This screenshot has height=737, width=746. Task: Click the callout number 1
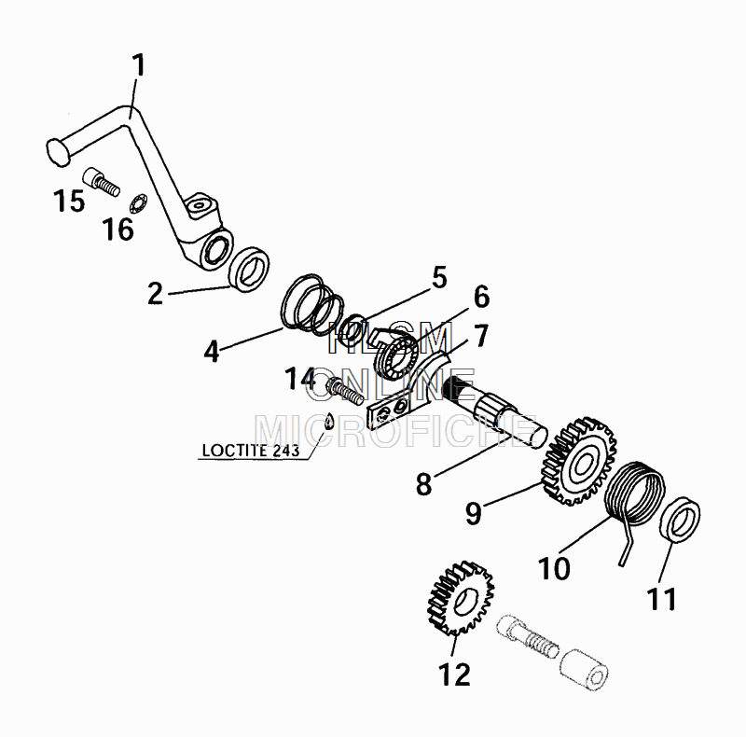coord(138,65)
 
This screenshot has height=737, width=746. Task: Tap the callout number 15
coord(69,201)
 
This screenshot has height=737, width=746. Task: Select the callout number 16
coord(117,229)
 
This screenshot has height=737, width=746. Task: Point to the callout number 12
coord(454,674)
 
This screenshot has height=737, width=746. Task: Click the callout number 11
coord(661,599)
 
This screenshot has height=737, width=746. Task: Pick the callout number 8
coord(423,484)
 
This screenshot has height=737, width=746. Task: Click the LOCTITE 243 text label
coord(251,451)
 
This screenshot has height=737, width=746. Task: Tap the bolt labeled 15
coord(102,182)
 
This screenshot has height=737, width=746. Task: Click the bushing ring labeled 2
coord(249,269)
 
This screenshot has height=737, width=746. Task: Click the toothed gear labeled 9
coord(578,462)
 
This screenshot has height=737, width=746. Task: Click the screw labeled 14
coord(345,390)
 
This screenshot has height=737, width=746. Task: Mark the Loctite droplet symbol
coord(329,421)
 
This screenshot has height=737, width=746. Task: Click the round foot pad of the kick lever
coord(58,152)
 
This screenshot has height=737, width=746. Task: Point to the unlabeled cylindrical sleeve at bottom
coord(584,668)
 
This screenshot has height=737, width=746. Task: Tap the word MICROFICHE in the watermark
coord(396,431)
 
